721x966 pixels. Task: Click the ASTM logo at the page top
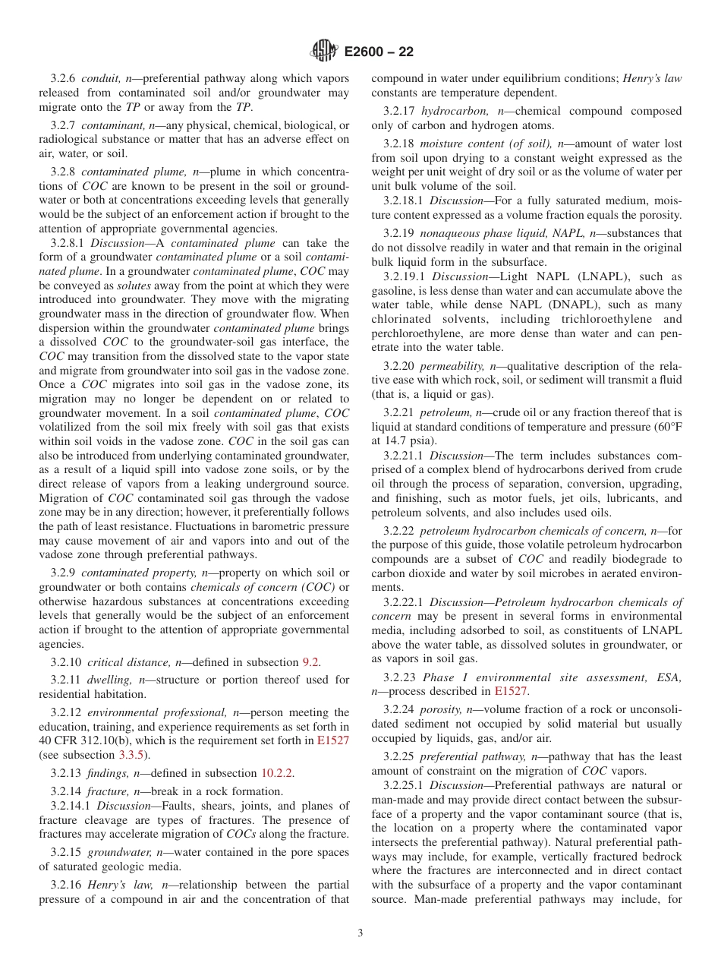[324, 52]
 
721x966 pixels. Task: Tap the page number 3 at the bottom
[360, 933]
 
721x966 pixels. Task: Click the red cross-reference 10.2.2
[277, 773]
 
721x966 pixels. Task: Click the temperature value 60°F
[666, 426]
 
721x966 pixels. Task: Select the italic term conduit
[102, 78]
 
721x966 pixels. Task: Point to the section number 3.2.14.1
[71, 805]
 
